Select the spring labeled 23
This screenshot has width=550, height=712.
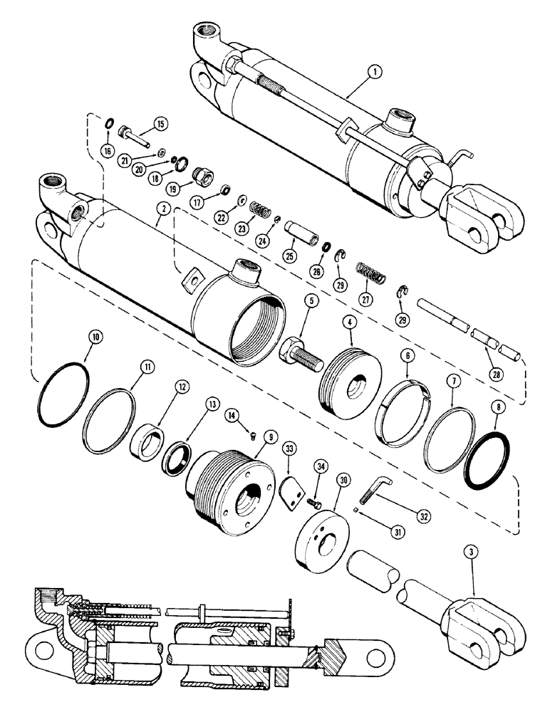[x=264, y=213]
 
